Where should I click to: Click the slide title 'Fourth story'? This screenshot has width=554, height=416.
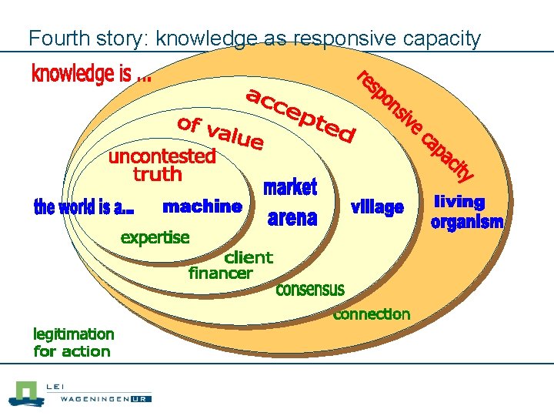point(254,38)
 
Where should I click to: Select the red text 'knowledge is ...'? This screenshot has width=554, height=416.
point(91,75)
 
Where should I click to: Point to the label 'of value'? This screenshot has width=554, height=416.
point(221,133)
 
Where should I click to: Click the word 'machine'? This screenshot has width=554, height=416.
point(202,206)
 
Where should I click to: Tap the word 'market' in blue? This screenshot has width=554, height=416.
point(290,187)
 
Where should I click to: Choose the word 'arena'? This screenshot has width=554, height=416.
point(292,219)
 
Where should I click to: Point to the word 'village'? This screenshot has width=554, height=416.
point(377,207)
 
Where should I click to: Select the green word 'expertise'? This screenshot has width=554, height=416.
point(155,237)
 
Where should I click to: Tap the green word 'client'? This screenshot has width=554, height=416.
point(248,257)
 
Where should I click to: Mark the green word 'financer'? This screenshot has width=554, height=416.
point(220,273)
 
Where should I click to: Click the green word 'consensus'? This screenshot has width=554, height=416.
point(310,290)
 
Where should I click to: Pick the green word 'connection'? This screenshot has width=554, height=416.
point(371,314)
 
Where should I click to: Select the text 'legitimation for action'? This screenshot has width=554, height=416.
point(73,343)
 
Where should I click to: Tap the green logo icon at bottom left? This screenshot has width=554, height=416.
point(25,394)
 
